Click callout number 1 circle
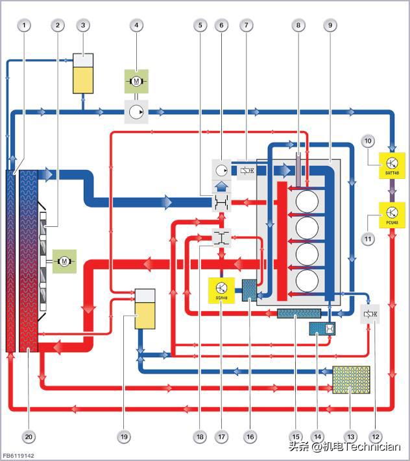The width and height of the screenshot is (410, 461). (x=25, y=25)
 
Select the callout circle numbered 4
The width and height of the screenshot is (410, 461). (x=136, y=25)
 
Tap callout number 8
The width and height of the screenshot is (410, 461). (x=298, y=25)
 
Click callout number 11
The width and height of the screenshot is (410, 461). (x=368, y=239)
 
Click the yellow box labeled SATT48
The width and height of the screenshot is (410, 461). (x=392, y=165)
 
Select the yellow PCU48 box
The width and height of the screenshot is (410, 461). (x=392, y=213)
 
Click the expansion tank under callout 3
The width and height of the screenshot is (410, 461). (x=82, y=73)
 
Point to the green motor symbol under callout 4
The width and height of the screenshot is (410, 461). (x=136, y=82)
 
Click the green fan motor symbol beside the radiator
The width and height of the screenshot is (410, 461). (x=64, y=261)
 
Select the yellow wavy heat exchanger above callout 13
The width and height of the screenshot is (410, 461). (x=351, y=380)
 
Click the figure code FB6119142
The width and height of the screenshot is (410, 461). (x=18, y=455)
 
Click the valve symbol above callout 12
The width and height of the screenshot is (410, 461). (x=370, y=314)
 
